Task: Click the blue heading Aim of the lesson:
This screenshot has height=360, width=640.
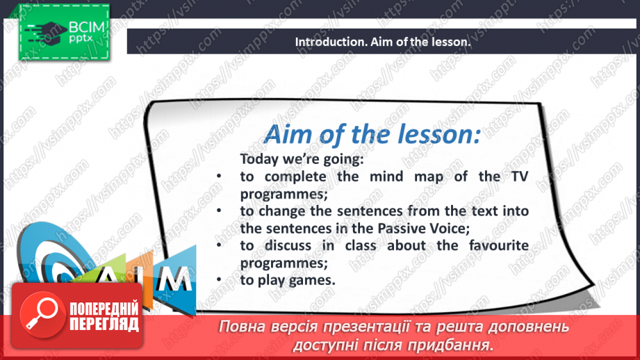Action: click(372, 135)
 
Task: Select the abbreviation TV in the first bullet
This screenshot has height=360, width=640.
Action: click(520, 177)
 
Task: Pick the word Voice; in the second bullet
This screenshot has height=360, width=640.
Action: click(450, 228)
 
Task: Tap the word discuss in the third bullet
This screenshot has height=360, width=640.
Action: click(288, 245)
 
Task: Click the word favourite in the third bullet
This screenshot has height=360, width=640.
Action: click(499, 245)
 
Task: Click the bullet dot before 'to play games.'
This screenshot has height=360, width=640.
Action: click(219, 279)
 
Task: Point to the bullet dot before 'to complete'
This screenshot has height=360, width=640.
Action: click(219, 176)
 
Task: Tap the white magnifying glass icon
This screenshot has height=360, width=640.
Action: click(41, 313)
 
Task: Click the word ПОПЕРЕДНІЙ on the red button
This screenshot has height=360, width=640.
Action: click(104, 309)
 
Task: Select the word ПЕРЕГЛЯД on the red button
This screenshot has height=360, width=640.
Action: click(104, 325)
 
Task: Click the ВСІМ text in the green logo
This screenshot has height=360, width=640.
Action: click(87, 27)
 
